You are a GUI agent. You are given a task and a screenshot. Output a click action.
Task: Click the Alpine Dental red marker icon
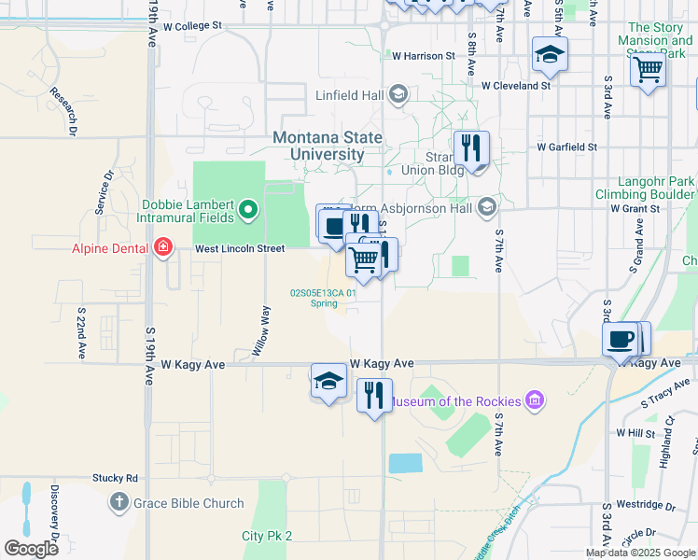163,248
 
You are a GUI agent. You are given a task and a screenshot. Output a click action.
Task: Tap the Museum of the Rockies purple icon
534,401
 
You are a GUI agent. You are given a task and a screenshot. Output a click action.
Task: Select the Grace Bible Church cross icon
119,503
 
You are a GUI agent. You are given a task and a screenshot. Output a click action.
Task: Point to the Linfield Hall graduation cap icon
398,93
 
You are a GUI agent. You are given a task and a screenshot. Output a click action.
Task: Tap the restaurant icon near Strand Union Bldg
471,147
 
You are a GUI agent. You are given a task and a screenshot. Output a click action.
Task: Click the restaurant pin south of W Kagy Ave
374,394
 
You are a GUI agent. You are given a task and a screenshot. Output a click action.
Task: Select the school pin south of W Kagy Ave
328,381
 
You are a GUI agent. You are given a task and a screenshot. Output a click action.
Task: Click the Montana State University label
328,146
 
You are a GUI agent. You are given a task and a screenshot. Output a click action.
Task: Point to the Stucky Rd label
115,478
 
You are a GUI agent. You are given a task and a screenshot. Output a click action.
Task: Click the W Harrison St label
423,56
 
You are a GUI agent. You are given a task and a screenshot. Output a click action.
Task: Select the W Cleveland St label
516,86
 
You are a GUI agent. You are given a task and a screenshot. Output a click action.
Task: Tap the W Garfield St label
566,147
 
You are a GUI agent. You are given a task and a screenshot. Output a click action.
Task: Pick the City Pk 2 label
267,536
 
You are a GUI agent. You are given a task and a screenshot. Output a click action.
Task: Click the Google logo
31,549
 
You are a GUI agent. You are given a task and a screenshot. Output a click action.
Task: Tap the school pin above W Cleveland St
550,54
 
